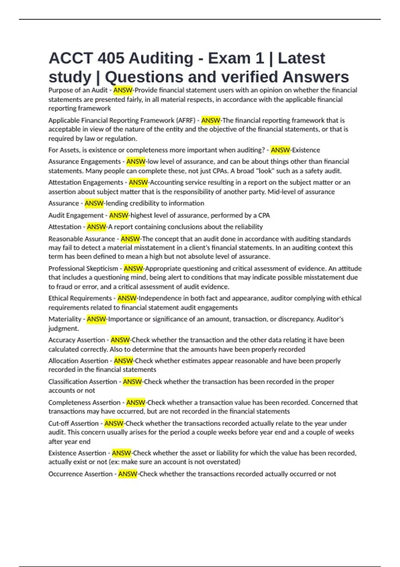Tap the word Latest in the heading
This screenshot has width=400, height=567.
point(301,58)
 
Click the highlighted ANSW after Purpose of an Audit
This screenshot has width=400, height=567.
point(123,90)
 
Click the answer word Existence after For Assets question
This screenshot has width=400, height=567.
point(306,150)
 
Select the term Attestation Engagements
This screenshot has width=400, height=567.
point(86,182)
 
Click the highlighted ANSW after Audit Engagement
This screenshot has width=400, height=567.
point(119,215)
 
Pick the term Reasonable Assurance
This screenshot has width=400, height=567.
point(82,239)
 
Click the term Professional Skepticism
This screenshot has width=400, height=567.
point(83,268)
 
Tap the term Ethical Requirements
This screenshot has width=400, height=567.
point(80,298)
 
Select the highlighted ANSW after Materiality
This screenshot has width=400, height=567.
point(96,319)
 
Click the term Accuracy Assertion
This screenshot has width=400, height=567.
point(77,340)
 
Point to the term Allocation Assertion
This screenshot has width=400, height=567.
point(78,361)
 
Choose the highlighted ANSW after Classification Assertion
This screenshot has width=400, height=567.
point(132,382)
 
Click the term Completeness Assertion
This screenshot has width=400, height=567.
point(84,403)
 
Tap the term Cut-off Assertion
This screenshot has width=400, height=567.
point(74,424)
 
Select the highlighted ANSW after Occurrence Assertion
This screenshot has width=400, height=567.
point(128,474)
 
